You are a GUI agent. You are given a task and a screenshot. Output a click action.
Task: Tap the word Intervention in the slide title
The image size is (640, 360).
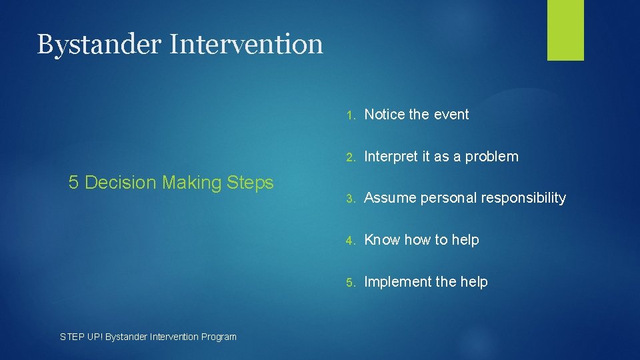pos(246,45)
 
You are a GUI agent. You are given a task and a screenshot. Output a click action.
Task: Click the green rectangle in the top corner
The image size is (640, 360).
pos(565,30)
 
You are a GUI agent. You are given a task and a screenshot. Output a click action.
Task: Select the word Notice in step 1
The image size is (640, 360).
pos(385,115)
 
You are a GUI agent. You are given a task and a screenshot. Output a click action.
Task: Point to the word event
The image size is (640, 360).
pos(451,115)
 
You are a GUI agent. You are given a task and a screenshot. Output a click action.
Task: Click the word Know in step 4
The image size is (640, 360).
pos(381,240)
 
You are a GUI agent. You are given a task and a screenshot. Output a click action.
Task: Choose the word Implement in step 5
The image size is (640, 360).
pos(397,282)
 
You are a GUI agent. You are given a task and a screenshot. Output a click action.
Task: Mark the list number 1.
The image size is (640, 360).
pos(352,115)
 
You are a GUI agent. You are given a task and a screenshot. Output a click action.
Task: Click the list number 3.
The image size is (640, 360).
pos(352,198)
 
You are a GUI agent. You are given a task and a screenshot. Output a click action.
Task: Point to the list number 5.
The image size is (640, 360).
pos(352,282)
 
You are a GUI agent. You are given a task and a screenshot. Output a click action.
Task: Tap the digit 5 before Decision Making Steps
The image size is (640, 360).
pos(73,183)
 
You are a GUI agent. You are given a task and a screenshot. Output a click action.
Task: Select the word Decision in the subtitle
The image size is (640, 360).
pos(121,183)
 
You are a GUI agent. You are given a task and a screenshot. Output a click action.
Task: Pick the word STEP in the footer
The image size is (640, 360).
pos(71,337)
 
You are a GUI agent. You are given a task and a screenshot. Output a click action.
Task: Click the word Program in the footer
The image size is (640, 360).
pos(217,337)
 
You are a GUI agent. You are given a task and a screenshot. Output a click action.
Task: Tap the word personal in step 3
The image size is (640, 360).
pos(452,198)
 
